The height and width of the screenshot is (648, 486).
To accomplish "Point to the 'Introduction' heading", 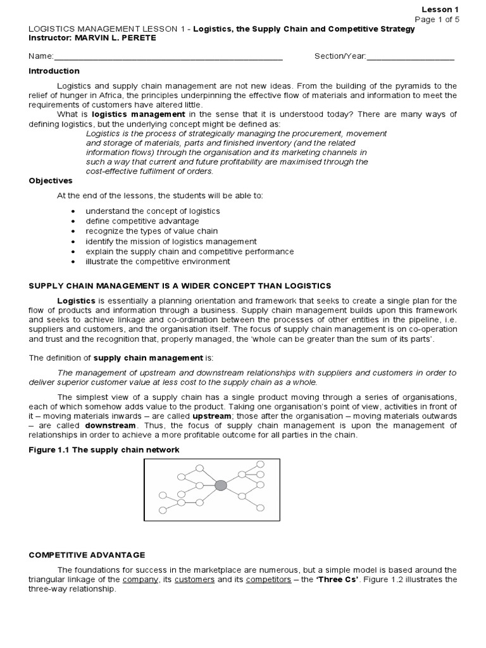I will pos(54,71).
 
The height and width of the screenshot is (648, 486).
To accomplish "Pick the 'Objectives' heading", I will pos(51,180).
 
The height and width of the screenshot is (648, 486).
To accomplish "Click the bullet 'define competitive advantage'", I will pos(142,221).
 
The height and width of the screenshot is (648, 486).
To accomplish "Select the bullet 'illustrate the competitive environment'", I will pos(158,261).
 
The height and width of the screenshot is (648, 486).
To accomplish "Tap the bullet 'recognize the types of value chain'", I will pos(152,231).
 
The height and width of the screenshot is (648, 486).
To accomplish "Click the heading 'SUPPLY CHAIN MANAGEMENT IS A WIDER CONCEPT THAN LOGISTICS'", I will pos(180,286).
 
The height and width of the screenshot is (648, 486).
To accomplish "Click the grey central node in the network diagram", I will pos(220,485).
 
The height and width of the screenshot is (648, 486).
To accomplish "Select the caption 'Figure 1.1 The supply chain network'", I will pos(104,449).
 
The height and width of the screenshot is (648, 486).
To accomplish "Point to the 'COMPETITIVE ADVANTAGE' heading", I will pos(87,554).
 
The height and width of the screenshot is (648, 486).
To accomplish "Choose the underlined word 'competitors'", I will pos(264,579).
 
